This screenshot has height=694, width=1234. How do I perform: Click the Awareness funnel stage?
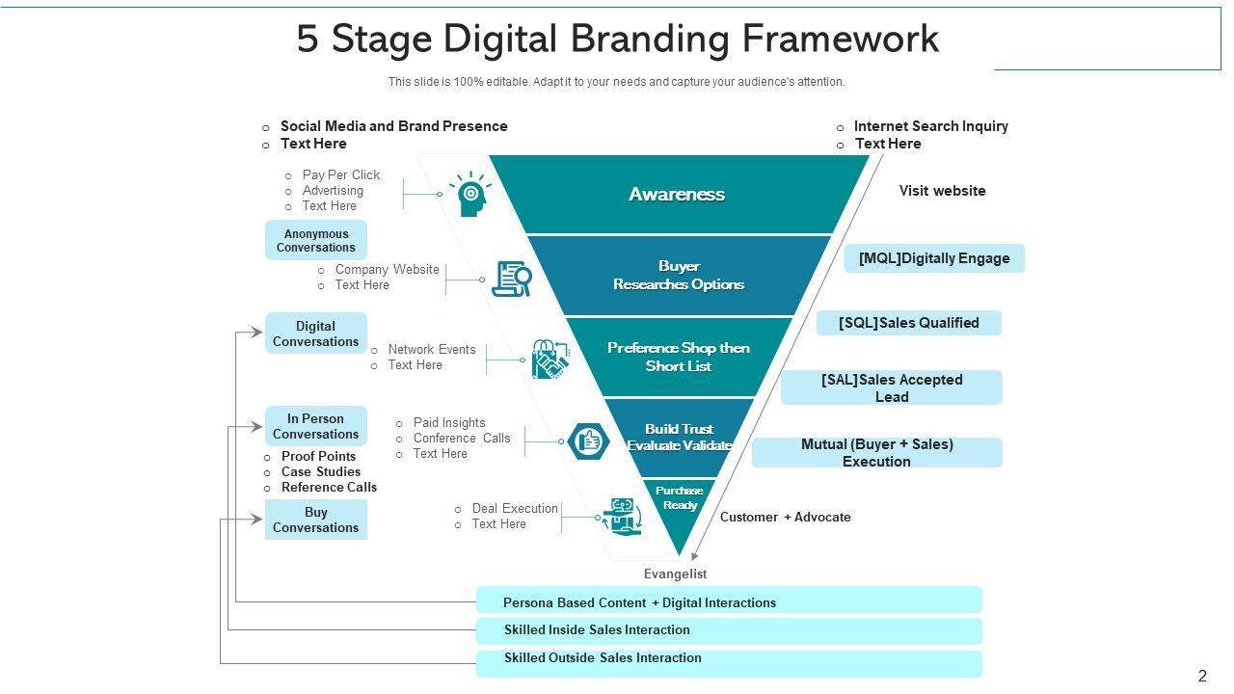point(678,194)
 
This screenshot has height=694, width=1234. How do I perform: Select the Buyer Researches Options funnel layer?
point(679,275)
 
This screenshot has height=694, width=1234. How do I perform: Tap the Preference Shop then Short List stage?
point(679,357)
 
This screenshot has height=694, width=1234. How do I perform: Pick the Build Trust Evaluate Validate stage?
point(680,437)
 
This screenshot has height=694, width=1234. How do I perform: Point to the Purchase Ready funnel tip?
point(680,501)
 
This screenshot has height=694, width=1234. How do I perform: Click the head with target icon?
point(470,194)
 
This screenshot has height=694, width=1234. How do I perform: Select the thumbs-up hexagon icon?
point(588,441)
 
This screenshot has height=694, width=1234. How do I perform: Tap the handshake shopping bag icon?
point(550,360)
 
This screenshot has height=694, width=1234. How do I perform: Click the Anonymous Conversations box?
point(316,240)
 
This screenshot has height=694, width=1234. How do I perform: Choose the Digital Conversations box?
point(315,334)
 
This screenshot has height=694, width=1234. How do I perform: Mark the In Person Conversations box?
point(315,426)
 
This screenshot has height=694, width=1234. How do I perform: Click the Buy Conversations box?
point(315,520)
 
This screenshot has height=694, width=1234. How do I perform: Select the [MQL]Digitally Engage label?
point(934,258)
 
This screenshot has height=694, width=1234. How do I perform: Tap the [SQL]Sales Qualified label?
point(908,323)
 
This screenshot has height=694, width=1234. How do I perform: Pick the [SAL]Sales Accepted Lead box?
point(892,387)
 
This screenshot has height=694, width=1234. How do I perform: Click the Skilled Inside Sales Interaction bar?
point(729,630)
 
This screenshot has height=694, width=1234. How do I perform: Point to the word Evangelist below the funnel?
point(675,574)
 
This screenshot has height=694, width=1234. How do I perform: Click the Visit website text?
point(942,191)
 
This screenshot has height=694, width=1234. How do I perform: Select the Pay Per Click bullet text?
point(340,174)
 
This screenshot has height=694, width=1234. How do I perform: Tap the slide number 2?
point(1202,676)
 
